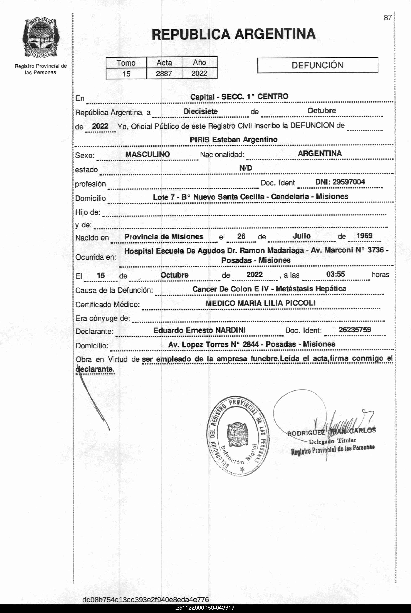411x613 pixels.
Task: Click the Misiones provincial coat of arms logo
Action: pos(41,38)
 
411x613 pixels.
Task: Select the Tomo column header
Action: pos(126,63)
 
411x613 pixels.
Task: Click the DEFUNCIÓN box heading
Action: pos(317,65)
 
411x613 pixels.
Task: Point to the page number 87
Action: pos(388,18)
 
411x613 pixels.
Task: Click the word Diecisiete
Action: pos(201,111)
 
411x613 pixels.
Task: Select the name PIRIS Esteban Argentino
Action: pos(234,139)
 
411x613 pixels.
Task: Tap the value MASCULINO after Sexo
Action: pos(148,154)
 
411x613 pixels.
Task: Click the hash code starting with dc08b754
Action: pos(145,599)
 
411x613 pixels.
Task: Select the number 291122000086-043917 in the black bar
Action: pos(205,608)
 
